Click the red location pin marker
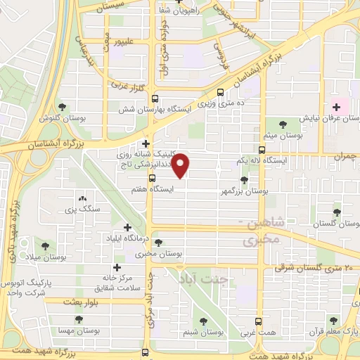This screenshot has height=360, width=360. pyautogui.click(x=181, y=166)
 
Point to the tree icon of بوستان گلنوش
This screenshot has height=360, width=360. pyautogui.click(x=63, y=107)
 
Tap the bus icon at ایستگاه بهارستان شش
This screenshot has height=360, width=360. pyautogui.click(x=155, y=99)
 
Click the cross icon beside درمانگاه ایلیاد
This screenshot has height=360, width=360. pyautogui.click(x=127, y=227)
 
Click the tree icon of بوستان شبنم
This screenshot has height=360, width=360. pyautogui.click(x=204, y=321)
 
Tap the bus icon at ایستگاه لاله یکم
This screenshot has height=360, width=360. pyautogui.click(x=262, y=150)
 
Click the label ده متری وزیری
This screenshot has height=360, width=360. pyautogui.click(x=228, y=103)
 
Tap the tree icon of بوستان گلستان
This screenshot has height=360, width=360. pyautogui.click(x=337, y=210)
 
